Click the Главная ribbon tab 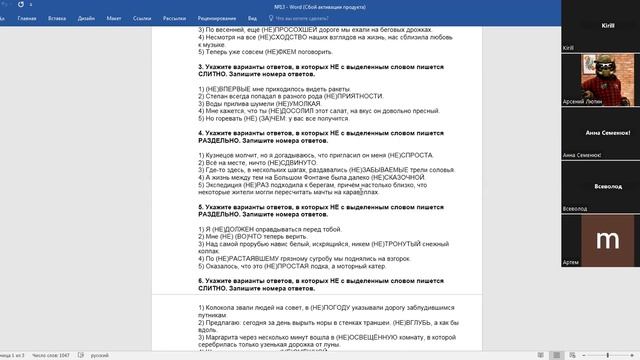[x=27, y=18]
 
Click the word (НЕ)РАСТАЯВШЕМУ [x=243, y=256]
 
